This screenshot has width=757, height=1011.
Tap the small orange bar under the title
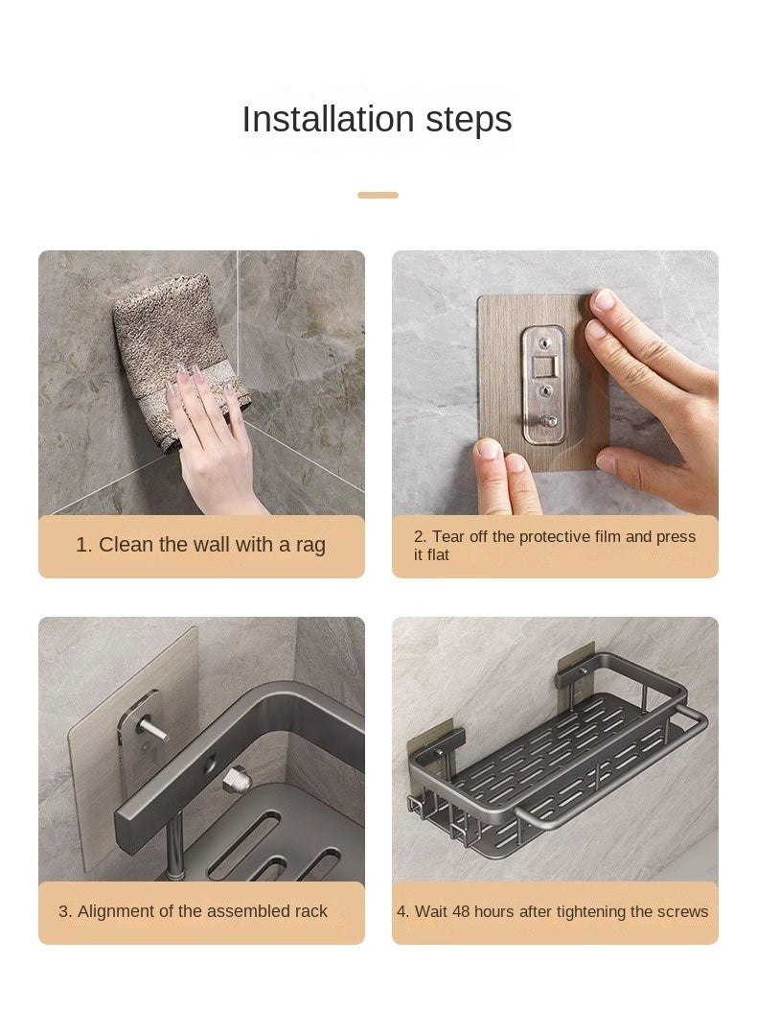[378, 195]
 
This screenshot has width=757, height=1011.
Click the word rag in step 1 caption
[310, 545]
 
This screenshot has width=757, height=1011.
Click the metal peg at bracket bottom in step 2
[548, 422]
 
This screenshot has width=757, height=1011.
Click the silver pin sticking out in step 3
[153, 731]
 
